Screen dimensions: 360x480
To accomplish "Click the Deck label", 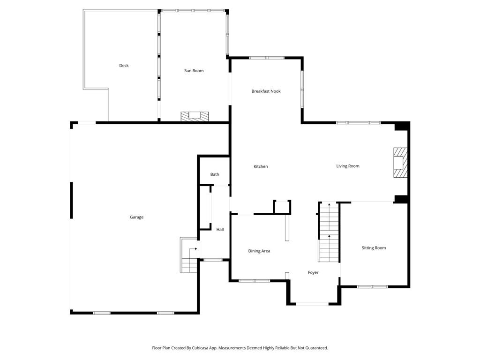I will click(x=124, y=66).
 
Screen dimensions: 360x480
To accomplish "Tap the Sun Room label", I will click(x=194, y=71).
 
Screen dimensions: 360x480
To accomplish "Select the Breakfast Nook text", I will click(x=266, y=91).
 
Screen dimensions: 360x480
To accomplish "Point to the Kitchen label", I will click(x=261, y=166).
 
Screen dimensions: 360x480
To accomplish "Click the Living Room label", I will click(x=348, y=166).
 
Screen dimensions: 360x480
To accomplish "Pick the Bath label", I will click(x=215, y=174).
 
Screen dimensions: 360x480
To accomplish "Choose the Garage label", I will click(x=137, y=217).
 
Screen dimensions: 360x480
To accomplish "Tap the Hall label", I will click(x=220, y=230).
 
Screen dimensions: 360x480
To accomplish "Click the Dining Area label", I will click(x=259, y=251).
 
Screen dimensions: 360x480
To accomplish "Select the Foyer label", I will click(x=313, y=272).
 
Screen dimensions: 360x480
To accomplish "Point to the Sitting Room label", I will click(x=374, y=248).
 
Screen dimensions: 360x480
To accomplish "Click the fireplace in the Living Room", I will click(x=400, y=163).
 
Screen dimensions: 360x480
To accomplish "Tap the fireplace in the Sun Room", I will click(x=195, y=117).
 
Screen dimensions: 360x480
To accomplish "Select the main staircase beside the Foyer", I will click(x=329, y=232).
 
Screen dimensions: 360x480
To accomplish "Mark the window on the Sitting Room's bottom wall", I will click(x=372, y=286).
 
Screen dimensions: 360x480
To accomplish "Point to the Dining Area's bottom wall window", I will click(x=254, y=281).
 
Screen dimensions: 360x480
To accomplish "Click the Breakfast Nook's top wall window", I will click(x=266, y=58).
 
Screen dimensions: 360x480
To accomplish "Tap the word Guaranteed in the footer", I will click(x=316, y=348).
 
